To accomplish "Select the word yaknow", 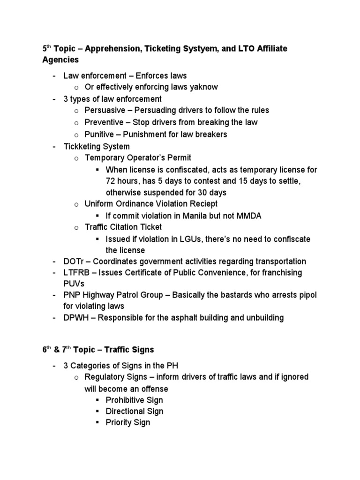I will (202, 87).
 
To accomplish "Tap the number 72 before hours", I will (111, 181).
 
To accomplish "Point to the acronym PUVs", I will (74, 284).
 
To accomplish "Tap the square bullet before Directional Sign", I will (97, 412).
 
